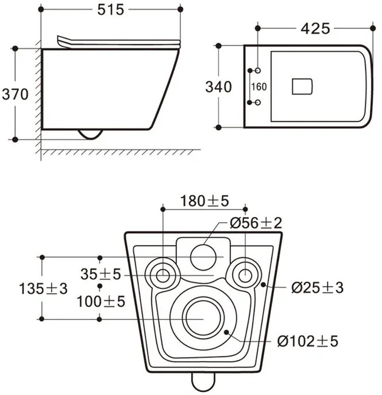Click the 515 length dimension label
coord(110,10)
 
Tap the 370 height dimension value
coord(15,94)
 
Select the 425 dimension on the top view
coord(315,28)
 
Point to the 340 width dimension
coord(218,87)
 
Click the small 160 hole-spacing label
coord(259,87)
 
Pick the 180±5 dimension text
coord(204,201)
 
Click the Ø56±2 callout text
coord(256,223)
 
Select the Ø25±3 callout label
coord(317,287)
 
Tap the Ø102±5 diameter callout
coord(308,341)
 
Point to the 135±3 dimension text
coord(43,288)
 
